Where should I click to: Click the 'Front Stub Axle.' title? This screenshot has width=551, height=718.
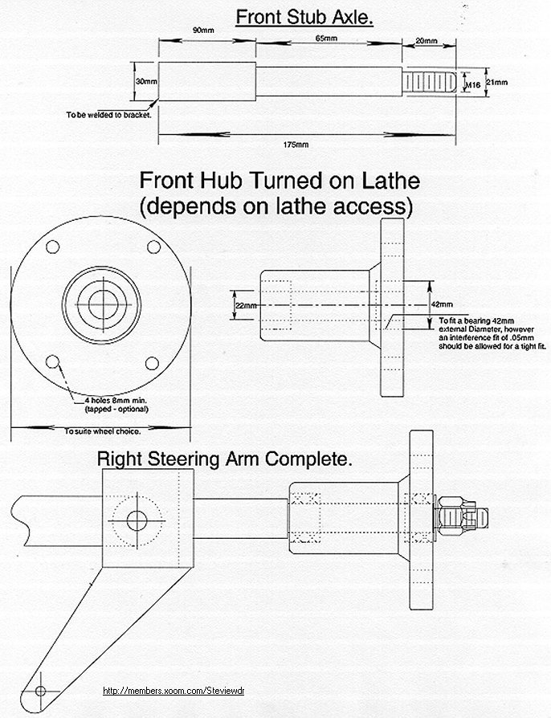click(304, 18)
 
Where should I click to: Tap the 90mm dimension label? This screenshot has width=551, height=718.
click(203, 31)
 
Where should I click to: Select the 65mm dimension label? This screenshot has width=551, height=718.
click(326, 39)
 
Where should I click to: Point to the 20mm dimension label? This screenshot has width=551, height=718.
click(427, 41)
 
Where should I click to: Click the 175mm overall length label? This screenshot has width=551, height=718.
click(296, 145)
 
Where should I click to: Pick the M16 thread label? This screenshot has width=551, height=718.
click(472, 84)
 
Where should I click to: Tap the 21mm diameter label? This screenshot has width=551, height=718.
click(496, 83)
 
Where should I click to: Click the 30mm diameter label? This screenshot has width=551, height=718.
click(146, 81)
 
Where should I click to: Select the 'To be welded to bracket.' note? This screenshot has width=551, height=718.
click(108, 115)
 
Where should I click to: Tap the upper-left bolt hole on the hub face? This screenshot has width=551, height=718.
click(53, 247)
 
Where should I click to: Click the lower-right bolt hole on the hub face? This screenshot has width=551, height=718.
click(152, 364)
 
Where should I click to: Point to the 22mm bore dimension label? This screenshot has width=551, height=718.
click(246, 305)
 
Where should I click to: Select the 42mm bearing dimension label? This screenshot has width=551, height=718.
click(443, 304)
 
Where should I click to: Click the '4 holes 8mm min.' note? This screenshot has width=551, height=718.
click(116, 400)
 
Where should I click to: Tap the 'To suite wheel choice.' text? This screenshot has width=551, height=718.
click(102, 431)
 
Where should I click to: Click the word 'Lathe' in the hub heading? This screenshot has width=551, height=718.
click(390, 181)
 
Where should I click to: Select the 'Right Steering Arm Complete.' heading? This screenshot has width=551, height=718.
click(224, 459)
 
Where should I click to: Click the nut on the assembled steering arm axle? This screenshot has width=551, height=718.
click(454, 517)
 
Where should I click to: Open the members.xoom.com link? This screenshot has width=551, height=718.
click(173, 691)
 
